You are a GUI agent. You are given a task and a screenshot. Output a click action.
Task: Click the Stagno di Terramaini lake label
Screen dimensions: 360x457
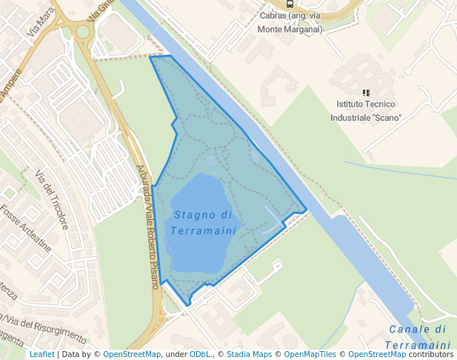[203, 222]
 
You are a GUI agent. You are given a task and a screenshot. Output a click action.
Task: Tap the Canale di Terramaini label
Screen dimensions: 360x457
[418, 337]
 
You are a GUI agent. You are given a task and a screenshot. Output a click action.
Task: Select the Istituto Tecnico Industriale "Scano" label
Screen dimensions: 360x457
[366, 111]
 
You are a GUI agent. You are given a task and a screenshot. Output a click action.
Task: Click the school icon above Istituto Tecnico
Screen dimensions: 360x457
[366, 93]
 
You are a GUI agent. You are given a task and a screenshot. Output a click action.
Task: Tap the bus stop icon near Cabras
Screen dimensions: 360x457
[289, 4]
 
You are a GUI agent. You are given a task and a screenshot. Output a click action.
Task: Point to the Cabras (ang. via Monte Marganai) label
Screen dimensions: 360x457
[289, 22]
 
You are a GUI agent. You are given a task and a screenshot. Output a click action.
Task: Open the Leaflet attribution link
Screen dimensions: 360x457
[41, 354]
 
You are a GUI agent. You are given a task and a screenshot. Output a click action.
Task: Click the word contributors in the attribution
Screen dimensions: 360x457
[431, 354]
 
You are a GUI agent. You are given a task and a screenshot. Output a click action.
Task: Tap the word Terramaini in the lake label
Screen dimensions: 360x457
[203, 230]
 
